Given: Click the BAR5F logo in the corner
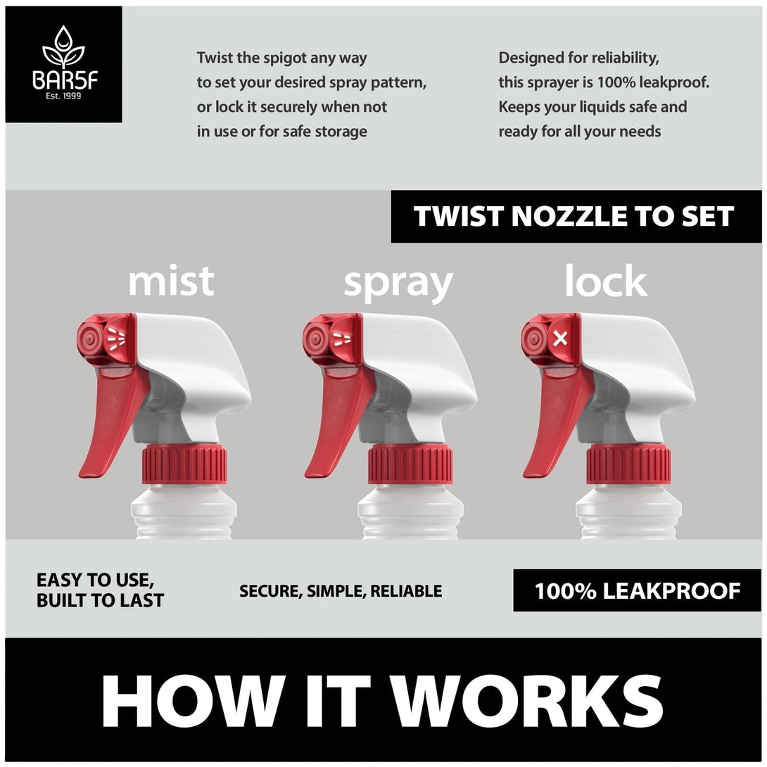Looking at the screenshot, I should tap(63, 64).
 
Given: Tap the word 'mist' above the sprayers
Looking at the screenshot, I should tap(171, 281).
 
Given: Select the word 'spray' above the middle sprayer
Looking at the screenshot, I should tap(398, 284).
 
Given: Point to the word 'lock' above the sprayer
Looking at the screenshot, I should tap(606, 281).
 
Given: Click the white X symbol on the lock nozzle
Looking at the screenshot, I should tap(560, 338).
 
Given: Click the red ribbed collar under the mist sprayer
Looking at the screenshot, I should tap(184, 464).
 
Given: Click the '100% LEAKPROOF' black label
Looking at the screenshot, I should tap(637, 590).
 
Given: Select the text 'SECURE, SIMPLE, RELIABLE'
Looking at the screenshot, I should tap(341, 591).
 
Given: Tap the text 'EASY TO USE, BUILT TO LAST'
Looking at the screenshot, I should tap(100, 590).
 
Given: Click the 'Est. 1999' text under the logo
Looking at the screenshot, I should tap(63, 96).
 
